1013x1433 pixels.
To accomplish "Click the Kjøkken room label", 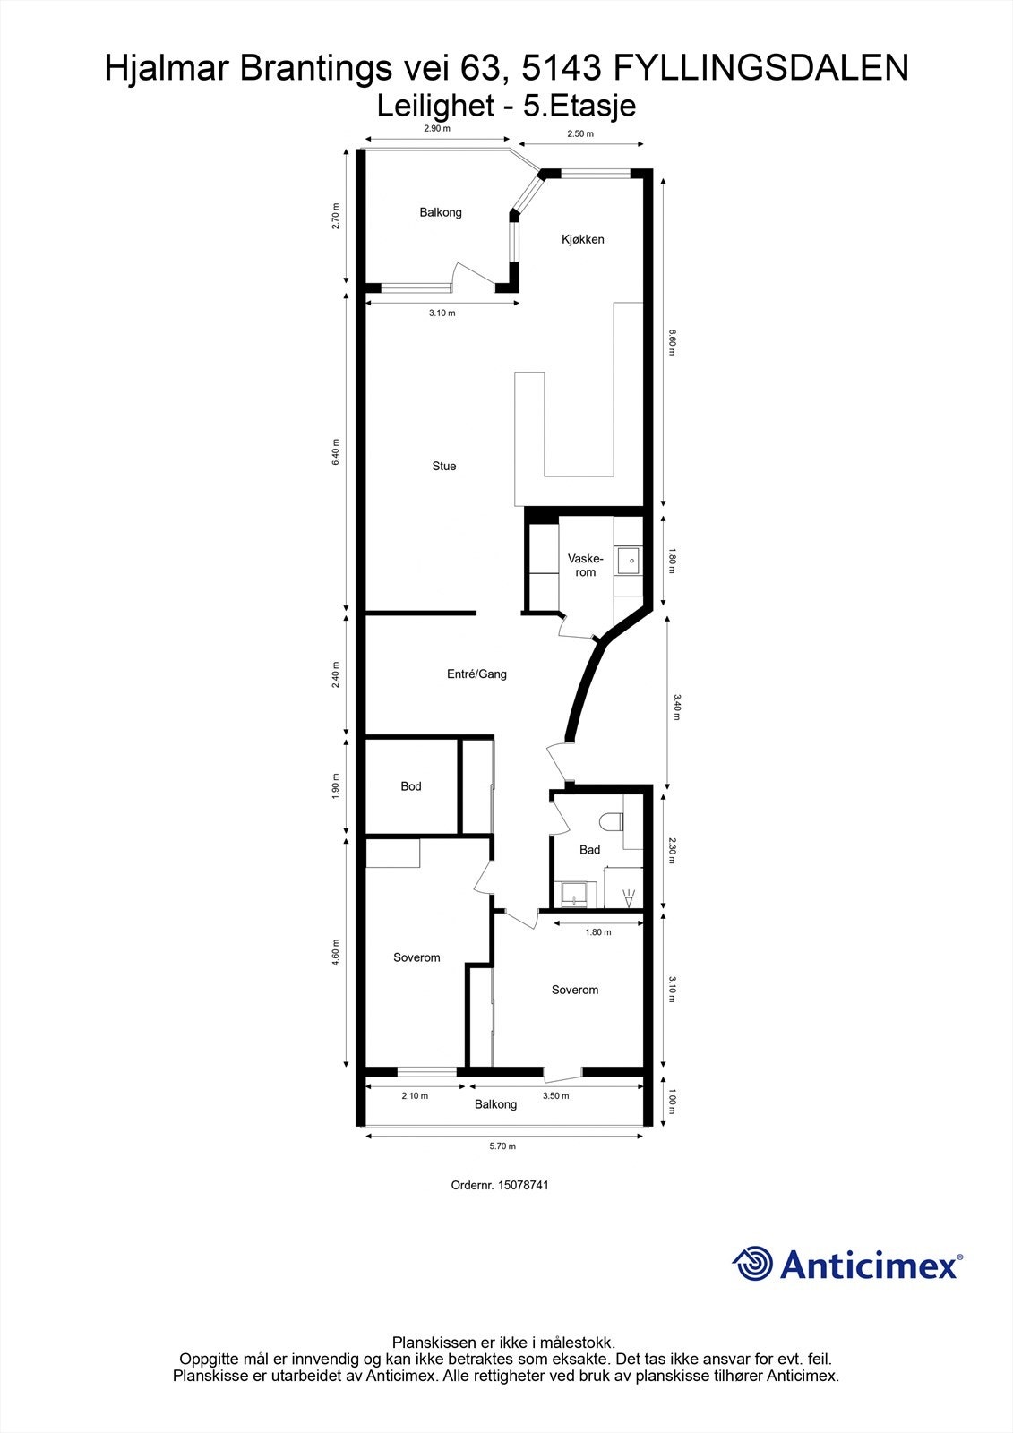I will click(x=582, y=239).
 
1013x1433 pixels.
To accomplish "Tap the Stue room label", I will click(x=444, y=466).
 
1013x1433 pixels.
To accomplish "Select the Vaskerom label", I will click(x=585, y=565).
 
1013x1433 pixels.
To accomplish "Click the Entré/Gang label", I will click(x=476, y=674).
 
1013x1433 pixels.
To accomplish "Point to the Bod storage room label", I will click(x=411, y=786).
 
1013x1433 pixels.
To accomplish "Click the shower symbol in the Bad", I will click(x=629, y=897).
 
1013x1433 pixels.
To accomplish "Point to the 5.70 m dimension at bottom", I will click(x=502, y=1146).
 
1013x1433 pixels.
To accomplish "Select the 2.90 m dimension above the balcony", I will click(x=437, y=129).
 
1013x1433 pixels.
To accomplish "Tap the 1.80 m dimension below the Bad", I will click(x=598, y=932).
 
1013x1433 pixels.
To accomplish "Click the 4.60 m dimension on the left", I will click(x=336, y=951).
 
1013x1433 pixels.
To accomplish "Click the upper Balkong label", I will click(x=441, y=212).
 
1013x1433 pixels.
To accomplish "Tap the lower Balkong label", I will click(x=495, y=1104).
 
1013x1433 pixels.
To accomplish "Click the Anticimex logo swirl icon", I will click(x=752, y=1265).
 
